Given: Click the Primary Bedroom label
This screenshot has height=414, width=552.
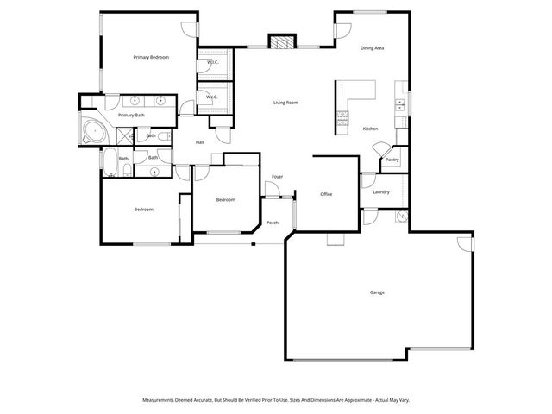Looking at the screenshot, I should tap(151, 57).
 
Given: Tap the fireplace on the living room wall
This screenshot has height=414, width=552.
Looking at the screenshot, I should tap(280, 41).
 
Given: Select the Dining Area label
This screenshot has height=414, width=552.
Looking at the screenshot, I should tap(373, 48).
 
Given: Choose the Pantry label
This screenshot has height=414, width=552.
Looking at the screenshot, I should tap(392, 160).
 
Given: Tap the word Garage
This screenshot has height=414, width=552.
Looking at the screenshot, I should tap(377, 292).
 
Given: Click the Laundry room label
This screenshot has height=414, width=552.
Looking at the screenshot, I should tap(381, 191).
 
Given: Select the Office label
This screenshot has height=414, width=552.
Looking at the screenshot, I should tap(326, 194).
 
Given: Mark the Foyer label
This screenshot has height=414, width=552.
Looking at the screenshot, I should tap(277, 177).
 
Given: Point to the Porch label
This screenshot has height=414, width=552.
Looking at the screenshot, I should tap(272, 223).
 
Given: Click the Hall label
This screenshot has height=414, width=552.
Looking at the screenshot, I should tap(199, 142).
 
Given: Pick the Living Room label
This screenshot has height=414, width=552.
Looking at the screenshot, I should tap(285, 103).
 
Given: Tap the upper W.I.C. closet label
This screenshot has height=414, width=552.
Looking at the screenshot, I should tap(212, 62).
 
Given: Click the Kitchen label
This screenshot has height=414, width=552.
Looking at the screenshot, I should tap(370, 129).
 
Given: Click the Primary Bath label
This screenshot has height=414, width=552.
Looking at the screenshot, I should tap(131, 115).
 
